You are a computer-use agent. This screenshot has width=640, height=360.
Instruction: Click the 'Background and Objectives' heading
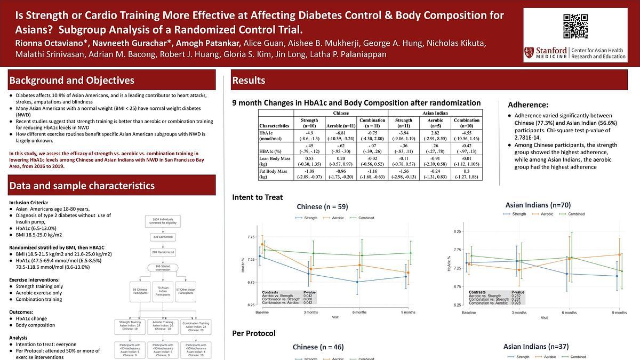click(71, 81)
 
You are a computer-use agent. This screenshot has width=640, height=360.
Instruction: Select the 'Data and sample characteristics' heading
click(82, 186)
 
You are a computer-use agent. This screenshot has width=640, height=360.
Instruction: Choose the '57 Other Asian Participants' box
click(186, 291)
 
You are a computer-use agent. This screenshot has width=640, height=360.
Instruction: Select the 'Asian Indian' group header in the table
click(435, 113)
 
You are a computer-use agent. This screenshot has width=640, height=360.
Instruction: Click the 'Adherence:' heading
click(528, 105)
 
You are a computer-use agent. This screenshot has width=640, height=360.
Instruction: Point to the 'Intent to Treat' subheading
click(258, 197)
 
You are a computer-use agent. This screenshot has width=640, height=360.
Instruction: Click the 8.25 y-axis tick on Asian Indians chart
click(458, 232)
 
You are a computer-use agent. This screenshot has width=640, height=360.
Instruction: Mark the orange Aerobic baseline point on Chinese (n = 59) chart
click(262, 245)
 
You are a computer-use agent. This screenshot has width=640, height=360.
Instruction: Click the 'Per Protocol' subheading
click(254, 333)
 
